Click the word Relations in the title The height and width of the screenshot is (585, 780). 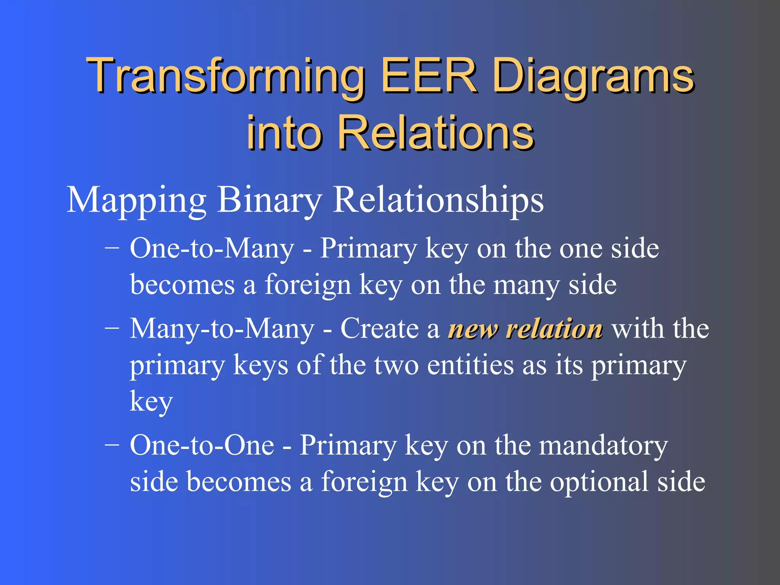tap(436, 133)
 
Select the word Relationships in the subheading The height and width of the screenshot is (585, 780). tap(438, 201)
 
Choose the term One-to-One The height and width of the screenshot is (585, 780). tap(202, 445)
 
